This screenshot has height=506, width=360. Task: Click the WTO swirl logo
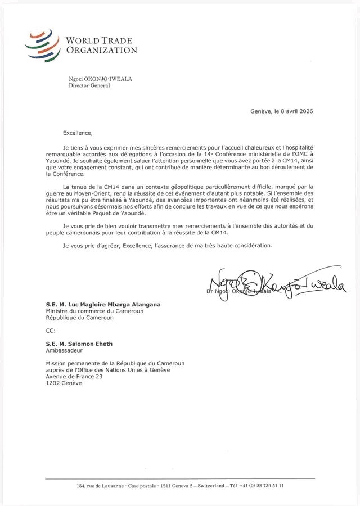[x=44, y=45]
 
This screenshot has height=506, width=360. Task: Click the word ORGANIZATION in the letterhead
[x=101, y=50]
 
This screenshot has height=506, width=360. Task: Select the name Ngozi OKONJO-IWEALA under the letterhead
[x=101, y=79]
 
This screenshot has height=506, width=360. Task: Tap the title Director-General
[x=89, y=86]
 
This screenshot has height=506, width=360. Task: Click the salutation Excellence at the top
[x=76, y=133]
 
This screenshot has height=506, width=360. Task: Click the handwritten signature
[x=276, y=284]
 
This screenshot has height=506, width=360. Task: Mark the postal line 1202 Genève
[x=64, y=383]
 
